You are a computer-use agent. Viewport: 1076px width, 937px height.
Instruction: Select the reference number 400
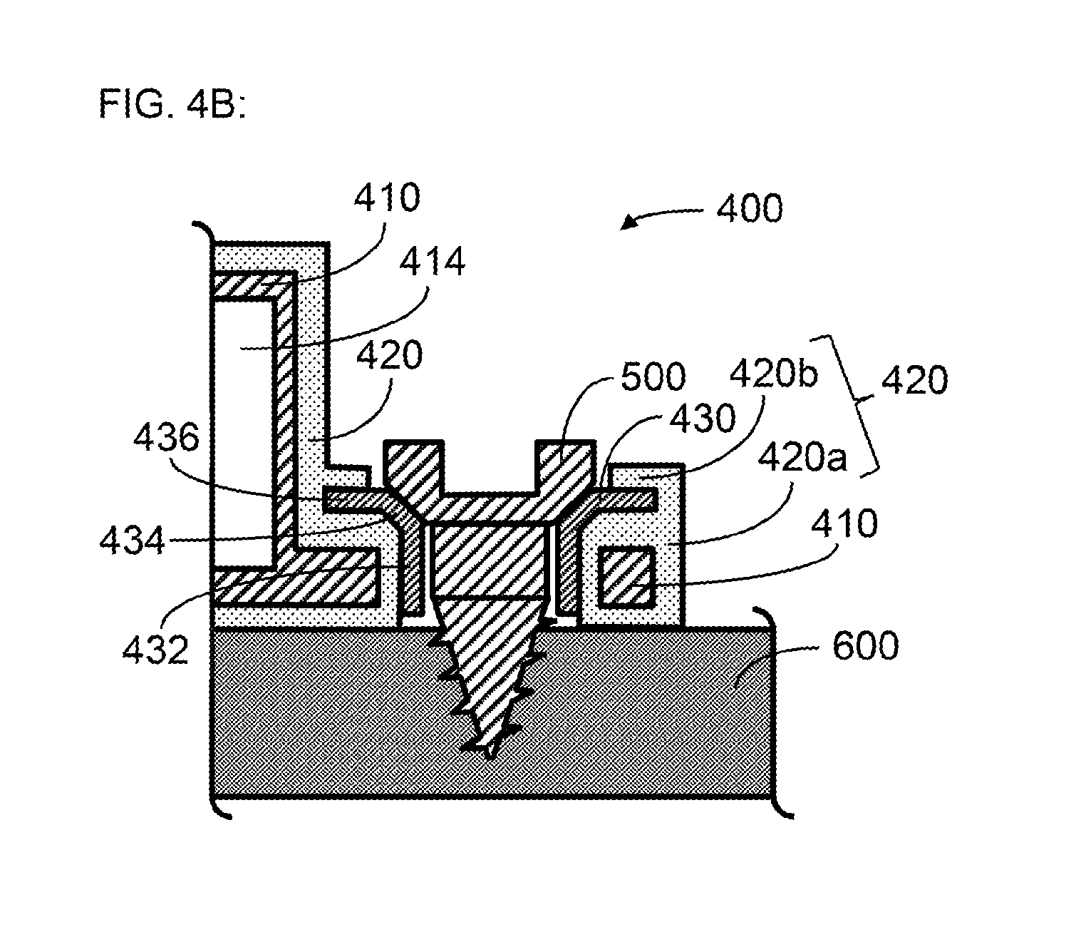pyautogui.click(x=750, y=208)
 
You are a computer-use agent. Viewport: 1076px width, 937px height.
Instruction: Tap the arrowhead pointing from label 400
pyautogui.click(x=629, y=222)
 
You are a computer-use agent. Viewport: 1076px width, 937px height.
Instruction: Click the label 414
pyautogui.click(x=432, y=262)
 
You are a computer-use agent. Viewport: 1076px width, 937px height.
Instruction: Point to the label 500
pyautogui.click(x=653, y=377)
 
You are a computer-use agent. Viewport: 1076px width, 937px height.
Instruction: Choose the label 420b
pyautogui.click(x=774, y=374)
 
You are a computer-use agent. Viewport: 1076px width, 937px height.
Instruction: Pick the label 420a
pyautogui.click(x=802, y=456)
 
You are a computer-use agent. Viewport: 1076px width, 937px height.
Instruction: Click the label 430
pyautogui.click(x=703, y=419)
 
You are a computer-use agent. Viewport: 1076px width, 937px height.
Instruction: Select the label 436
pyautogui.click(x=166, y=436)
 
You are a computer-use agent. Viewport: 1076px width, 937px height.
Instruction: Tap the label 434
pyautogui.click(x=132, y=540)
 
